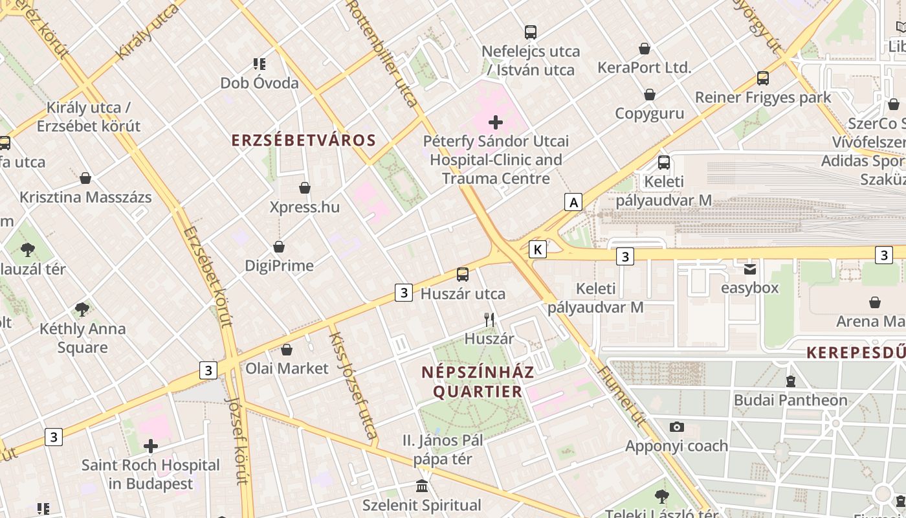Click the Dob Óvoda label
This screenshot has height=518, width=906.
(x=260, y=83)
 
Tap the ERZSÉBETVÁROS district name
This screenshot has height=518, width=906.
(x=304, y=141)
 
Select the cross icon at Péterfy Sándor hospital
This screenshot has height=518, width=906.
(x=496, y=122)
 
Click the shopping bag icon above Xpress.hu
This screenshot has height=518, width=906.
(x=305, y=188)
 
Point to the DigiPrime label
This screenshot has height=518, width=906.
(x=279, y=265)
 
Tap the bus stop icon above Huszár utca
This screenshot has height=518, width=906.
(x=463, y=275)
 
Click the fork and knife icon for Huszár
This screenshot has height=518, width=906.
(x=489, y=319)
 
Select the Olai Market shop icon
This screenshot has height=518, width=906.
(x=287, y=350)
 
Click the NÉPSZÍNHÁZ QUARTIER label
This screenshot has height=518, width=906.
(x=478, y=381)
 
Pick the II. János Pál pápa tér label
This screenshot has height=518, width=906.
(x=443, y=449)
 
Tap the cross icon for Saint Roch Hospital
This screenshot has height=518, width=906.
(x=151, y=446)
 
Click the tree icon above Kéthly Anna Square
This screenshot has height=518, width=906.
(x=82, y=310)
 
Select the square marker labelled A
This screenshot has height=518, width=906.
(x=573, y=203)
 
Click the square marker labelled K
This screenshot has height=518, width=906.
(x=538, y=249)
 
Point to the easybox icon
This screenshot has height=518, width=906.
(x=750, y=269)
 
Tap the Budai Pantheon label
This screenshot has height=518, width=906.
(x=790, y=400)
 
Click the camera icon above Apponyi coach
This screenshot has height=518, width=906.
(x=677, y=427)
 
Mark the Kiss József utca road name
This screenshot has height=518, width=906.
(x=353, y=385)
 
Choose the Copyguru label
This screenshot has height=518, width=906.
(x=649, y=113)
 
